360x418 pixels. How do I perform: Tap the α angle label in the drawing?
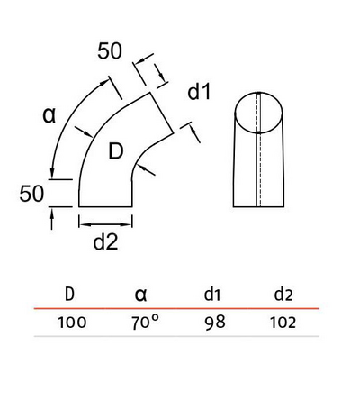[51, 114]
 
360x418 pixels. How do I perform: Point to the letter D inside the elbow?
[115, 152]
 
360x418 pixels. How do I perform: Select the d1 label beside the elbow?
[200, 92]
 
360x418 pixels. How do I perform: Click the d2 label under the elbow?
[107, 241]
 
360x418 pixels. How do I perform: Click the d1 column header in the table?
[212, 294]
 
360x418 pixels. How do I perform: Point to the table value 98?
[212, 323]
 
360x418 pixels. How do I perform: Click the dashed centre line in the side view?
[259, 153]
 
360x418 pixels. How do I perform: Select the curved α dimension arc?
[67, 126]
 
